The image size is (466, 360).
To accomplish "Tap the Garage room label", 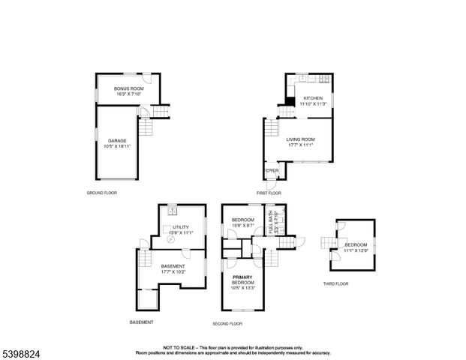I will pyautogui.click(x=116, y=140).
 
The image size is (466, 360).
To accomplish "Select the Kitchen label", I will pyautogui.click(x=313, y=99).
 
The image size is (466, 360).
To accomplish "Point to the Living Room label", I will pyautogui.click(x=299, y=139).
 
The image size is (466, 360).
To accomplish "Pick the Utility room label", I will pyautogui.click(x=180, y=226).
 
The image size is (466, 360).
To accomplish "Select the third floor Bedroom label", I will pyautogui.click(x=356, y=245).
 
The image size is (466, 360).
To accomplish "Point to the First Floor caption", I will pyautogui.click(x=268, y=193).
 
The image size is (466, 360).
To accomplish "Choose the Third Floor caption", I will pyautogui.click(x=335, y=283).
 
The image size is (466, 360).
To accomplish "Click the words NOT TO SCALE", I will pyautogui.click(x=179, y=347).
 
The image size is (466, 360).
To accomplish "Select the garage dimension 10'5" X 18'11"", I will pyautogui.click(x=116, y=146).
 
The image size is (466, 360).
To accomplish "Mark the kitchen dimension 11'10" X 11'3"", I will pyautogui.click(x=313, y=105).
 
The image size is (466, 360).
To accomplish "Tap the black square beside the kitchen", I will pyautogui.click(x=290, y=102).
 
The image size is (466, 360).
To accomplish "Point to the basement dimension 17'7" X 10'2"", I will pyautogui.click(x=173, y=271).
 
